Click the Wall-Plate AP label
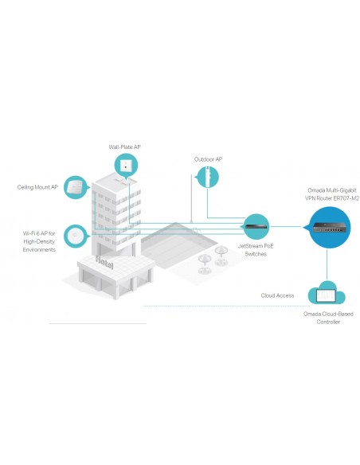[x=124, y=147]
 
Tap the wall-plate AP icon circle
[x=126, y=166]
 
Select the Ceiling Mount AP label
[x=37, y=187]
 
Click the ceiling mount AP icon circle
[x=76, y=187]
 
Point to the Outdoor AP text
[x=208, y=159]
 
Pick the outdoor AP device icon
[x=208, y=177]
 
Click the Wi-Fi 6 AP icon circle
[x=76, y=236]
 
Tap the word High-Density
[x=39, y=241]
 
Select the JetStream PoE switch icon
[x=256, y=227]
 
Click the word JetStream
[x=248, y=246]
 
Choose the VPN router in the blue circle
[x=330, y=228]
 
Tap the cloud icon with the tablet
[x=327, y=293]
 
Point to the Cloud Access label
[x=277, y=295]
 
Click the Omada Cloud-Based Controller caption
[x=328, y=318]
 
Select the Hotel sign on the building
[x=104, y=263]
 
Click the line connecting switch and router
[x=286, y=227]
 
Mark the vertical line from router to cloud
[x=327, y=264]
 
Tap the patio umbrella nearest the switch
[x=221, y=255]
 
